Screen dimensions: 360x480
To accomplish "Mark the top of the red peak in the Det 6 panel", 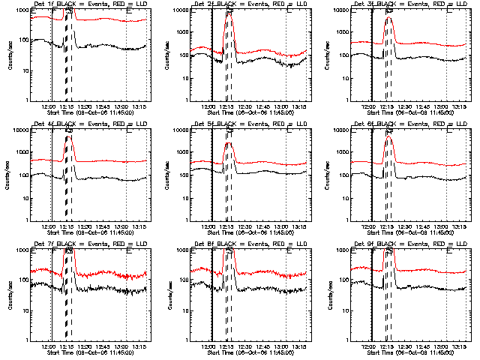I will (x=388, y=137).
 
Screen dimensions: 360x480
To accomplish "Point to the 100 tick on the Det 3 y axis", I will (x=342, y=55).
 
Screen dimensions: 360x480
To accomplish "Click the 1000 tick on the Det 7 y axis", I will (x=24, y=250).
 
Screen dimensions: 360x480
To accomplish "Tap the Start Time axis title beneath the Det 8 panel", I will (x=250, y=352).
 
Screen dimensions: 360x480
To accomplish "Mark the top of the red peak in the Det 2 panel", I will (x=229, y=14).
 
